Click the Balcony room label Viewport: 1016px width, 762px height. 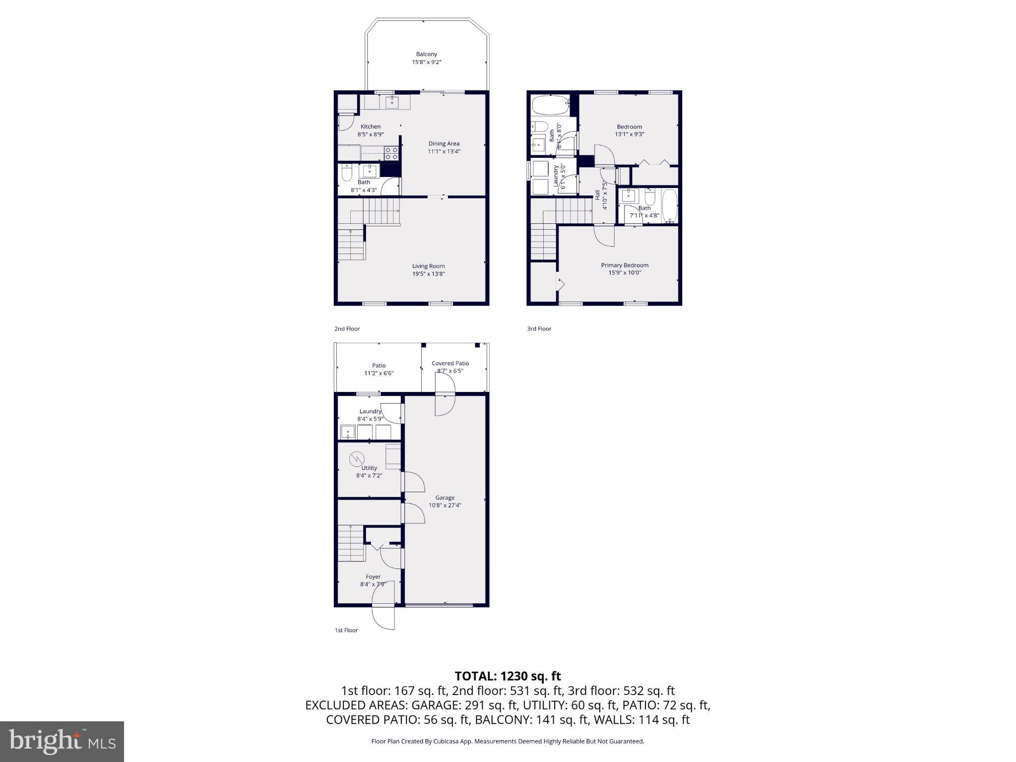[426, 54]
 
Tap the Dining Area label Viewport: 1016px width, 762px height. [444, 143]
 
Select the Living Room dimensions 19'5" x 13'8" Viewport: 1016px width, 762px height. [428, 274]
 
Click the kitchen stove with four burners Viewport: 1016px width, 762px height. [391, 153]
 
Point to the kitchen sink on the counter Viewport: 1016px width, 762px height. [392, 103]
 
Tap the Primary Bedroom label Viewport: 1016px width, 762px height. [625, 265]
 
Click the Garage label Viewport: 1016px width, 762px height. [444, 498]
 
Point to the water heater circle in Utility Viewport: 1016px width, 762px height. [357, 459]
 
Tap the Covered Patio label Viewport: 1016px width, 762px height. [450, 363]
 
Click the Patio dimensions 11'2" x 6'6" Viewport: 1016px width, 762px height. [379, 373]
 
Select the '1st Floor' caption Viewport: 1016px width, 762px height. [346, 630]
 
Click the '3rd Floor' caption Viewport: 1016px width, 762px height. [539, 328]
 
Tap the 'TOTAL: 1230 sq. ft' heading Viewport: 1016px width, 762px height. [508, 676]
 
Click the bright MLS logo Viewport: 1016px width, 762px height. [62, 741]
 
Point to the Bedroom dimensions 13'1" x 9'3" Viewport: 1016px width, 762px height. [629, 134]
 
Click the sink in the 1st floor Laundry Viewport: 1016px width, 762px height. [348, 433]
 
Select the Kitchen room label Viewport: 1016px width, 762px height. [371, 127]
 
